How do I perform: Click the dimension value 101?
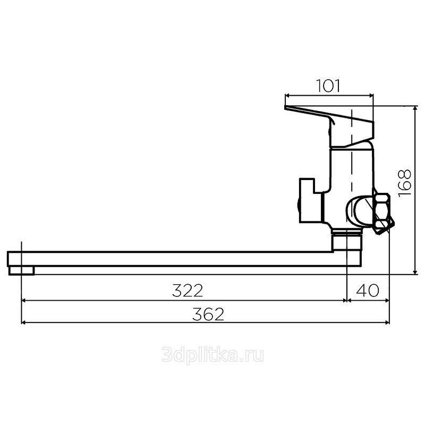tap(328, 86)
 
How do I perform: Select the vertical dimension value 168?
tap(404, 183)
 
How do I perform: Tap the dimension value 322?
tap(188, 291)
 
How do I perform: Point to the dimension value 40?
tap(368, 290)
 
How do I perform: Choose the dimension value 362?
tap(208, 314)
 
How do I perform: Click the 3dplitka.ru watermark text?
tap(212, 355)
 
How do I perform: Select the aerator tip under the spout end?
tap(21, 270)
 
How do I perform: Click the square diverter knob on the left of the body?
tap(311, 200)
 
